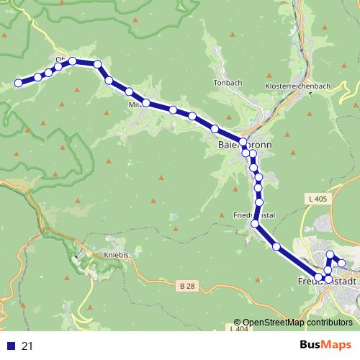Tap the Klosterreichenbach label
(298, 86)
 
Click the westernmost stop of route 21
(19, 84)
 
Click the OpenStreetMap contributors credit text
(293, 323)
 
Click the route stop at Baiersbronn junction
(243, 143)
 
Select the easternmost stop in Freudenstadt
(342, 264)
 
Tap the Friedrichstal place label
(255, 215)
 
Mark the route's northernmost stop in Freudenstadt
(330, 254)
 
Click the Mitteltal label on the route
(137, 104)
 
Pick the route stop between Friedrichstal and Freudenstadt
(277, 247)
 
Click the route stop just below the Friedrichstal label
(255, 225)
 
